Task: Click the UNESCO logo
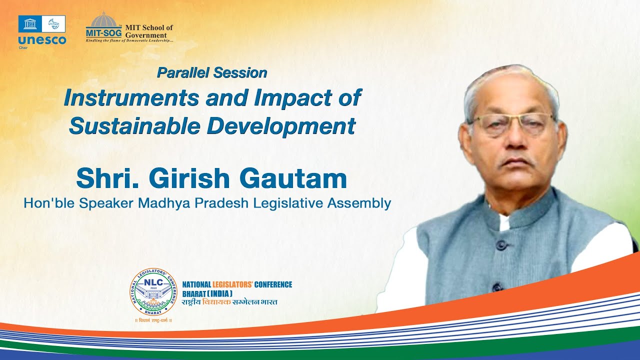(x=42, y=31)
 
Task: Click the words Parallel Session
(x=212, y=73)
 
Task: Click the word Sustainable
(x=133, y=125)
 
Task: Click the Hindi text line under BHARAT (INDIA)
(x=229, y=302)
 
